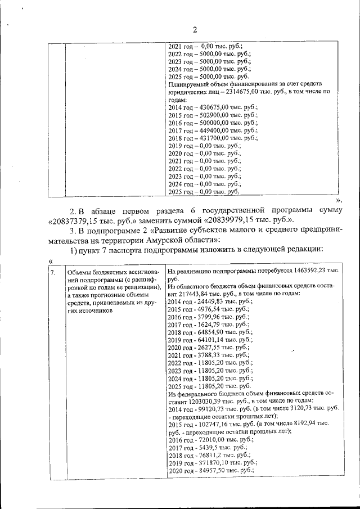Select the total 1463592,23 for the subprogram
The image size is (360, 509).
[x=308, y=271]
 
